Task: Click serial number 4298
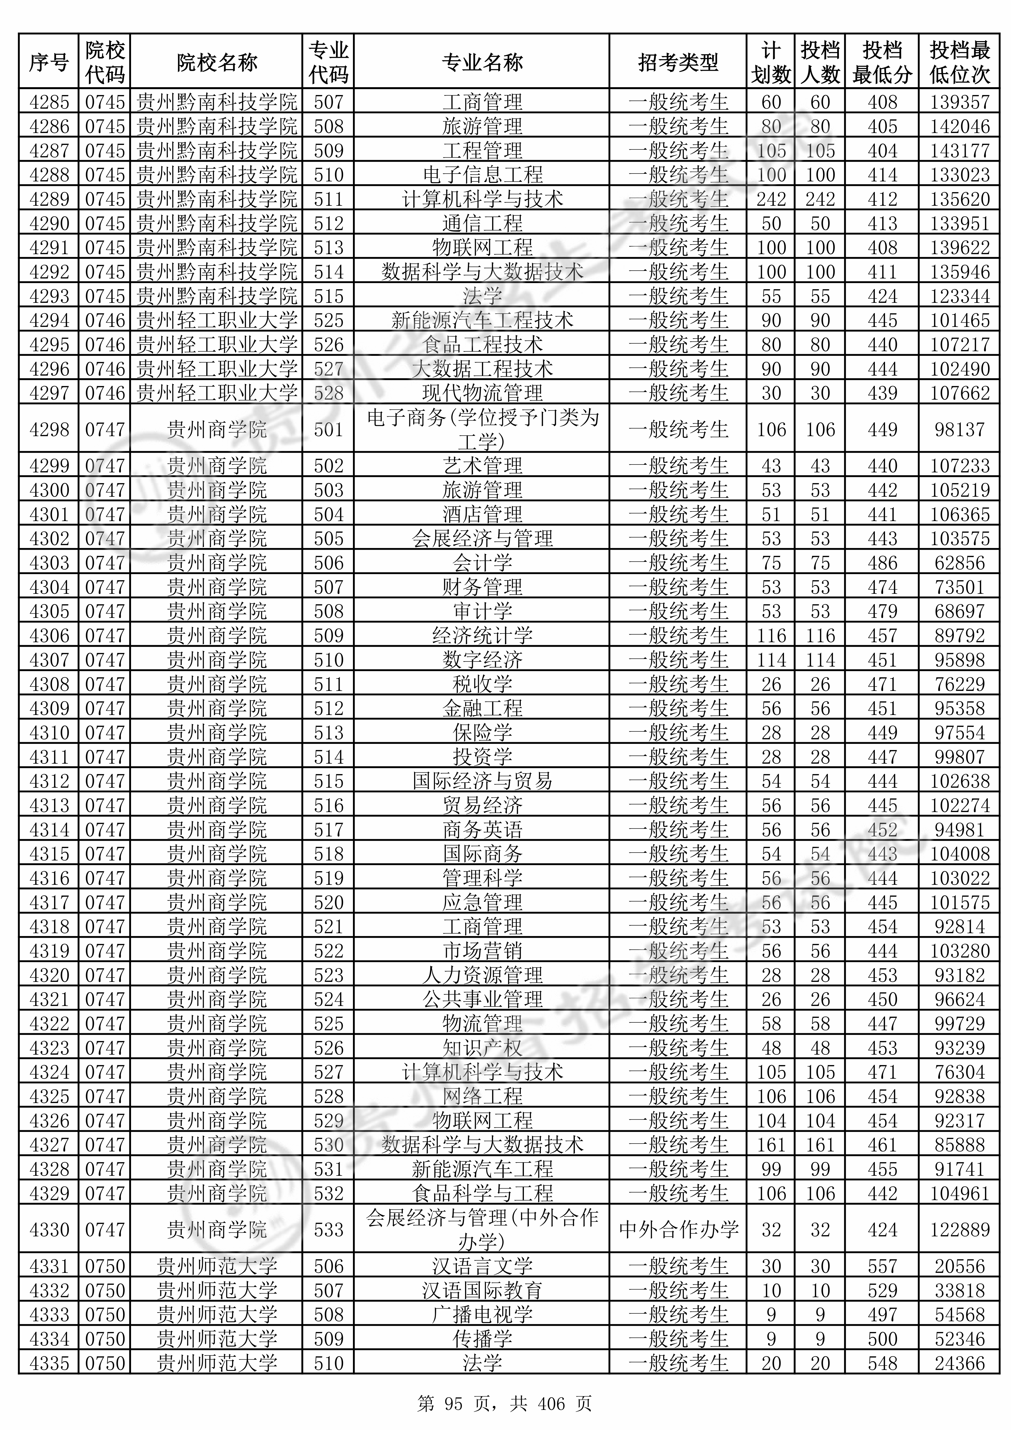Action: [49, 429]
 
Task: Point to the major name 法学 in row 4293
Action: [482, 296]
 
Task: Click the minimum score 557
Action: [882, 1266]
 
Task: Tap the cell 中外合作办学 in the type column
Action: [678, 1229]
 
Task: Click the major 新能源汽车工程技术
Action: [482, 320]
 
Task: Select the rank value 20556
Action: [959, 1266]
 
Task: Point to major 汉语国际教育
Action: [482, 1290]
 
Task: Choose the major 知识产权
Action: [482, 1048]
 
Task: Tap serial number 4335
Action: [49, 1363]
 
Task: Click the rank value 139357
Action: [959, 102]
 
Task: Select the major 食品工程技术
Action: [482, 344]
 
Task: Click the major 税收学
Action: [482, 684]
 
